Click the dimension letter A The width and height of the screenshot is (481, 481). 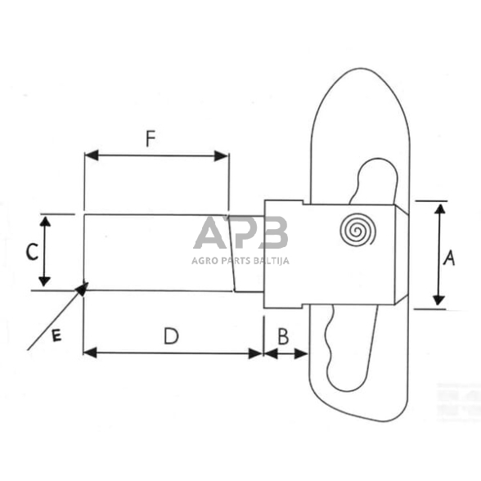click(448, 258)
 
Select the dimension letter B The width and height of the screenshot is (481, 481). click(283, 335)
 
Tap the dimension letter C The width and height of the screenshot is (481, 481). click(30, 252)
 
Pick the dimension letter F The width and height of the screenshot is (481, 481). click(151, 138)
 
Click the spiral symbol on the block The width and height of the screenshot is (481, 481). click(357, 231)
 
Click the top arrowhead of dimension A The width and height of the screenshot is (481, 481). click(440, 206)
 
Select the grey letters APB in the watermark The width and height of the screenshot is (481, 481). click(240, 234)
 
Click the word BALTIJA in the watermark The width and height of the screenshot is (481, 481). click(269, 261)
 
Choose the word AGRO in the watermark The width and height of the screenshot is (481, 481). click(205, 261)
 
